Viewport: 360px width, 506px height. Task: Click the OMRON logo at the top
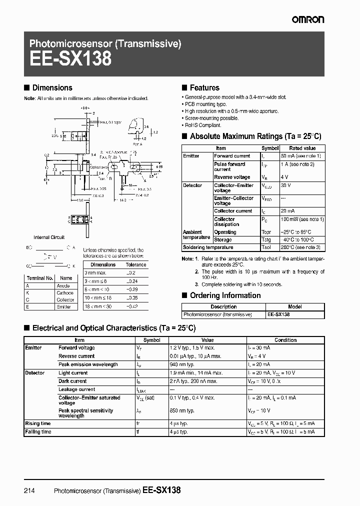308,19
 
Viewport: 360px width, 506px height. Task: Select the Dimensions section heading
52,87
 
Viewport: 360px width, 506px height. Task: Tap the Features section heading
204,87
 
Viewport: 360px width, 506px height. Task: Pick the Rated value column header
302,148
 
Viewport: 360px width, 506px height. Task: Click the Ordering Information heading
225,295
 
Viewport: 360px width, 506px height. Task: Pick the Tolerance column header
135,264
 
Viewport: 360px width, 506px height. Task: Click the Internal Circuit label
49,237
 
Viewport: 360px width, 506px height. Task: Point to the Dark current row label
72,381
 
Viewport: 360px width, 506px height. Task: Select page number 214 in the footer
29,490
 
